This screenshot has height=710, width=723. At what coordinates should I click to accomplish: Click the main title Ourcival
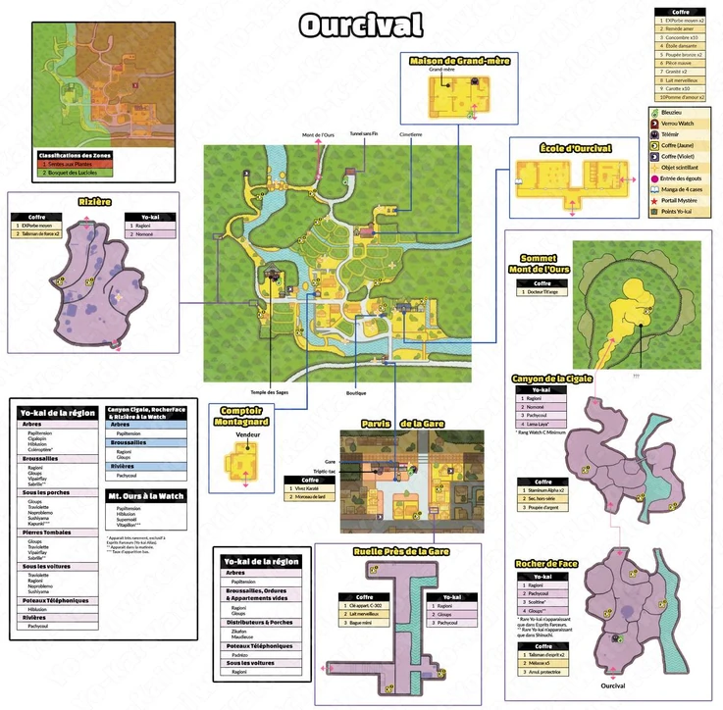360,23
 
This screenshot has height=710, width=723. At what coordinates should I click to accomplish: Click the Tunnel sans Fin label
364,130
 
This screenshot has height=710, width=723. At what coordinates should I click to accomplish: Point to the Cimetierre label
410,133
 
